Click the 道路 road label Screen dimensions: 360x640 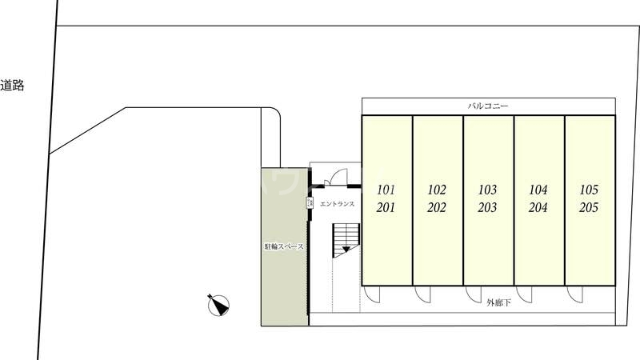[x=12, y=86]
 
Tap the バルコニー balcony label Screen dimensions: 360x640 [x=488, y=106]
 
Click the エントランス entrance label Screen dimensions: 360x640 [x=337, y=205]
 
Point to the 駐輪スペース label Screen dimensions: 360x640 [x=284, y=246]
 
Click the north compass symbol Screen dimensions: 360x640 [x=218, y=304]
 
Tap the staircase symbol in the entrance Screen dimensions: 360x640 [x=347, y=235]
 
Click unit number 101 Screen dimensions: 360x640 [x=386, y=190]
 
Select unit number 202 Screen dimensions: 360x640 [x=437, y=208]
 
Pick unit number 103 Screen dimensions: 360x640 [x=487, y=190]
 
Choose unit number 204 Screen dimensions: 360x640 [x=538, y=208]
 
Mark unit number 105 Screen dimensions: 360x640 [x=589, y=190]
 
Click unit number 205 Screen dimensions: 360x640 [x=589, y=208]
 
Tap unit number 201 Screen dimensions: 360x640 [x=386, y=208]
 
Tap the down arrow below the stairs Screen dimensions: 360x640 [x=346, y=250]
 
